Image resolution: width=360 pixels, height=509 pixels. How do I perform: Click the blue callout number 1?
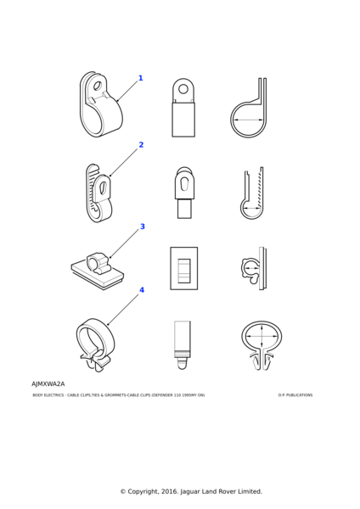coord(141,78)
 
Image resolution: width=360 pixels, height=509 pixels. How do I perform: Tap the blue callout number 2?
coord(141,145)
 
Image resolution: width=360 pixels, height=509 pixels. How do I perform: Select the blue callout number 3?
coord(143,227)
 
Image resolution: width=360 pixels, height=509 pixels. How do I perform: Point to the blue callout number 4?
coord(142,290)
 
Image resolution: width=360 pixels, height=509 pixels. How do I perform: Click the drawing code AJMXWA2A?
coord(48,384)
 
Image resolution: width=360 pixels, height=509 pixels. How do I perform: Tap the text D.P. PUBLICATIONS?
coord(295,395)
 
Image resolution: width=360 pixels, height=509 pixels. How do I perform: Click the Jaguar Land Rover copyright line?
coord(191,491)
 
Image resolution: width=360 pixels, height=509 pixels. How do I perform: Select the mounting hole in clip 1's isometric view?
coord(97,87)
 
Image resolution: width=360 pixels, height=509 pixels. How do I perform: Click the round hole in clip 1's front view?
coord(183,88)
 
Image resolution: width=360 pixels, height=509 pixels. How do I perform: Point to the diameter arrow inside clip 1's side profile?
coord(249,120)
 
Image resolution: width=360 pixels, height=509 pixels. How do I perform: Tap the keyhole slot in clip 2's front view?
coord(184,185)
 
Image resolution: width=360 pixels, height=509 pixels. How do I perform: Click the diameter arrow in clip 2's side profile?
coord(252,208)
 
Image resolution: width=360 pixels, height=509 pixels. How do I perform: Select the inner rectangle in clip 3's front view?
coord(184,270)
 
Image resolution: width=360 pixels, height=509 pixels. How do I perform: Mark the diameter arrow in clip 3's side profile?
coord(252,268)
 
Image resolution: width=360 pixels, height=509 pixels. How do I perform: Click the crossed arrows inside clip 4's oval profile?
coord(262,336)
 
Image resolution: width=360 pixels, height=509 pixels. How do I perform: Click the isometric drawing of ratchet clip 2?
coord(99,193)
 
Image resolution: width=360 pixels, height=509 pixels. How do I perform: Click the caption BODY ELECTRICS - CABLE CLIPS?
coord(61,395)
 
